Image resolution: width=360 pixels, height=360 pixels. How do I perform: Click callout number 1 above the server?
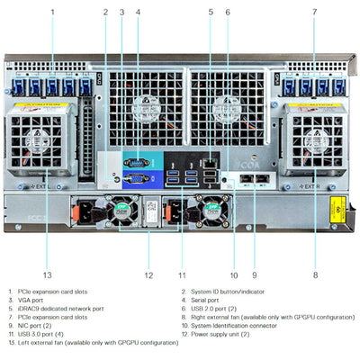click(52, 12)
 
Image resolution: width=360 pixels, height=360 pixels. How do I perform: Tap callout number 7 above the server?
click(314, 12)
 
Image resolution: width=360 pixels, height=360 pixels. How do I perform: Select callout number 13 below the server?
click(47, 274)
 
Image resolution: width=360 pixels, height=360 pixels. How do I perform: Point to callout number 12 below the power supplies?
click(149, 274)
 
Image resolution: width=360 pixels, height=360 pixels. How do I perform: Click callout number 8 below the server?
click(314, 274)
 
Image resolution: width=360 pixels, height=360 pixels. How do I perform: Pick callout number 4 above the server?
click(138, 12)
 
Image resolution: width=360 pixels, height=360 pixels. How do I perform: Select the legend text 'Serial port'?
click(210, 301)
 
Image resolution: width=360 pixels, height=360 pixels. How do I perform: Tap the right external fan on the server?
click(314, 139)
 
